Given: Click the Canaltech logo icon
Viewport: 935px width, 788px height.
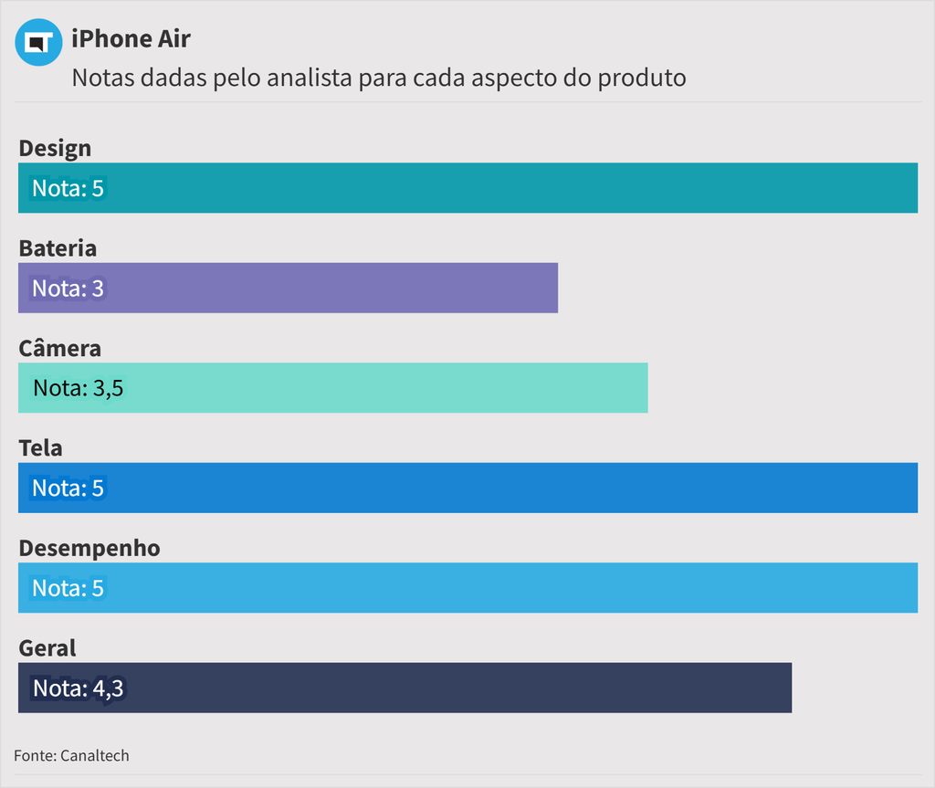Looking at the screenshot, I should pos(38,42).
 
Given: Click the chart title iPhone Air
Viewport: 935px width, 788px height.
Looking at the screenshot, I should pos(131,38).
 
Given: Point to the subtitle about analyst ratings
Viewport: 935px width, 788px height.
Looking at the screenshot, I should pos(378,78).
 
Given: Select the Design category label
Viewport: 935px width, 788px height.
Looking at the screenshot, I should pos(55,148).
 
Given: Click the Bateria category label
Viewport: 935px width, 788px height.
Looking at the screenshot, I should pos(58,247).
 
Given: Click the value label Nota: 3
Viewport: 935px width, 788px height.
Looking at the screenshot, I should pos(68,289).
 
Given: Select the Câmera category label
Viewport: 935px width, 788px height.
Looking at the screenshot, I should pos(59,348).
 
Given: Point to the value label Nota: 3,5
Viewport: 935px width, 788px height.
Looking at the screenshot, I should pos(78,388).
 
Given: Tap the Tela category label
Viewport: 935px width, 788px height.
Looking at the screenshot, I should pos(40,447).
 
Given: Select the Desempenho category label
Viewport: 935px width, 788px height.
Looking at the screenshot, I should pos(89,548).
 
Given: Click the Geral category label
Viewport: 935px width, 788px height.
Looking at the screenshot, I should pos(47,647).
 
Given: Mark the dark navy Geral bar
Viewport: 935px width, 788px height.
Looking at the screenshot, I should pos(457,688).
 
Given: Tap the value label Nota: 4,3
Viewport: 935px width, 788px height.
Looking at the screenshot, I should pos(78,688).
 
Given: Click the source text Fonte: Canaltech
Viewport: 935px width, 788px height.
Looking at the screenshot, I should pos(71,755).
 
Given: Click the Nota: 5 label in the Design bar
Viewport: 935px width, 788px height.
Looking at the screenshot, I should pos(68,189).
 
